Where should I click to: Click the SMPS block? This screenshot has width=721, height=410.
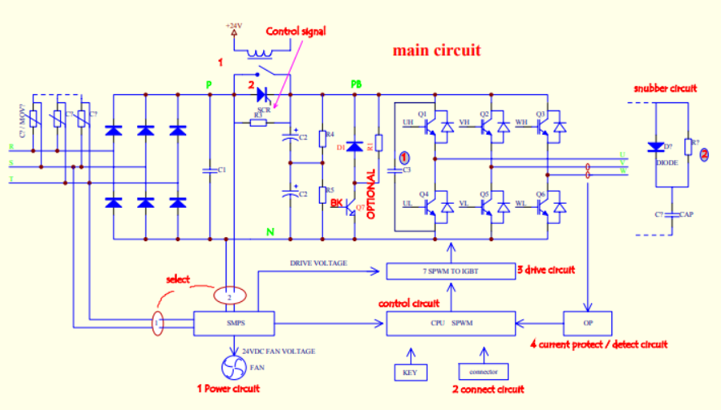coord(235,323)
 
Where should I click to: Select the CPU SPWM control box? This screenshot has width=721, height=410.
coord(451,323)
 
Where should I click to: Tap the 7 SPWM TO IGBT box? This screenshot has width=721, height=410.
coord(451,270)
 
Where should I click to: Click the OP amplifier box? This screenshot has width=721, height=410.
coord(587,323)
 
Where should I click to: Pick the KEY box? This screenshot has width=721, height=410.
coord(409,373)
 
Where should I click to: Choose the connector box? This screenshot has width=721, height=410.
coord(484,373)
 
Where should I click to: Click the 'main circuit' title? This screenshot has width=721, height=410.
coord(437,50)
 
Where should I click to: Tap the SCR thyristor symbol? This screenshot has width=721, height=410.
coord(263,95)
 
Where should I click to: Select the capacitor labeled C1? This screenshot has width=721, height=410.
coord(210,170)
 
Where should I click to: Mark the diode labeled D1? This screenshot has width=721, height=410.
coord(354,147)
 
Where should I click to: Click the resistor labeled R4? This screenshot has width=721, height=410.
coord(322,136)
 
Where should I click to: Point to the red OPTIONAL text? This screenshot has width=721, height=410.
coord(372,195)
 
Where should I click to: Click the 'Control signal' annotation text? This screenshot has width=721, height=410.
coord(296,32)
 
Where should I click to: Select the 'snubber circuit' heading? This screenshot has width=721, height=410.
coord(664,88)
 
